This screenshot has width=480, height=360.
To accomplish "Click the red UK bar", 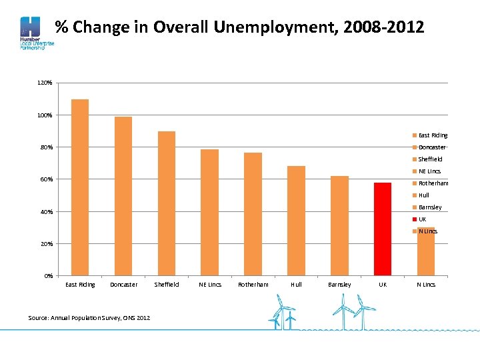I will click(x=383, y=229).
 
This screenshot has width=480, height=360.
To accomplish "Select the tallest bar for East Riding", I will click(x=80, y=187).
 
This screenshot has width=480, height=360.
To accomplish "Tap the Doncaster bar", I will click(x=123, y=196).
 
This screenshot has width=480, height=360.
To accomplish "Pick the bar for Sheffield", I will click(x=167, y=203).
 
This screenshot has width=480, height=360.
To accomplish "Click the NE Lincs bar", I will click(x=210, y=212).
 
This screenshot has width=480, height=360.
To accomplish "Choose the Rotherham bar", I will click(x=253, y=214).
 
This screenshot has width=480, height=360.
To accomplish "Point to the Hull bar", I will click(x=296, y=221).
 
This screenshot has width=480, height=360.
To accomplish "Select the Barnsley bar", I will click(x=339, y=225).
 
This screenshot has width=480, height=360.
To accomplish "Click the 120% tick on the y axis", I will click(x=45, y=83).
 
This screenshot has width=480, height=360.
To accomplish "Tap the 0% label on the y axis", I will click(x=48, y=276).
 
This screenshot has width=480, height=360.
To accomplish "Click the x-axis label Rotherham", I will click(x=253, y=285).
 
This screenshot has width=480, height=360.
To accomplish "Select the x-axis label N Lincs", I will click(x=426, y=285).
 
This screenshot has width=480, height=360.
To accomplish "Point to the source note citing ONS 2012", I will click(x=89, y=317).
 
